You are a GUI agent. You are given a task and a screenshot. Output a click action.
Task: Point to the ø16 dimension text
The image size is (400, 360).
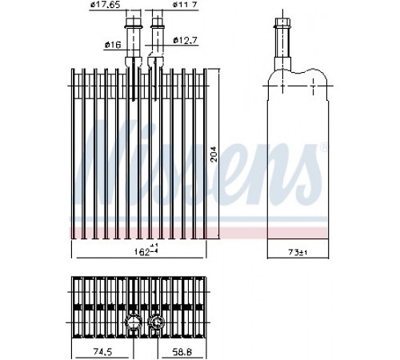click(x=113, y=45)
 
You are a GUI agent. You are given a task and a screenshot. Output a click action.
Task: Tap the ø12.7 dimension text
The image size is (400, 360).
click(x=185, y=41)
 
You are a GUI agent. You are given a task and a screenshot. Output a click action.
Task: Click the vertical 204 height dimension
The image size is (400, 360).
click(x=214, y=154)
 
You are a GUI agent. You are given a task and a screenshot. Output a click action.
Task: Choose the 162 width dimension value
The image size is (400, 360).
click(x=142, y=252)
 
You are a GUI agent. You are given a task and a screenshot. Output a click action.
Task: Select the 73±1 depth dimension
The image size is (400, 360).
click(x=298, y=252)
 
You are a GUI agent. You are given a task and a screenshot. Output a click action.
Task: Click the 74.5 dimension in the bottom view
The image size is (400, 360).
click(x=102, y=352)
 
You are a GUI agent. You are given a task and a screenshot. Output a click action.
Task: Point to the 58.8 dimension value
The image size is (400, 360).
click(x=182, y=352)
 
